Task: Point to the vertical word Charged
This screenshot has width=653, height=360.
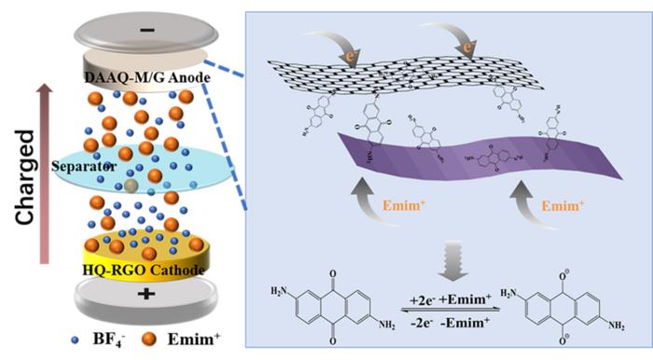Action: (27, 177)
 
